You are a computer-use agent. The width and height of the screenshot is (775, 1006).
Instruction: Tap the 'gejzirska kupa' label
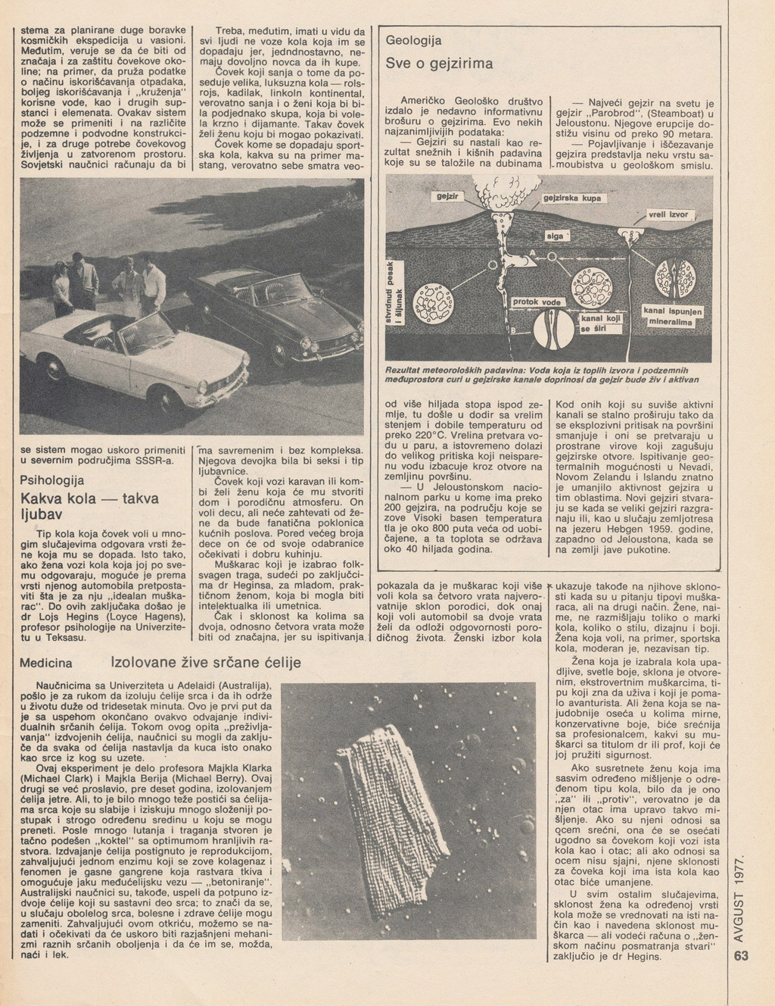[x=571, y=198]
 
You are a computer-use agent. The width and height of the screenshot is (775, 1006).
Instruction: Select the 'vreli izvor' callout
[x=668, y=214]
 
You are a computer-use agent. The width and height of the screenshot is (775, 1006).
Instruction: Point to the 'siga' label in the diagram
[x=556, y=236]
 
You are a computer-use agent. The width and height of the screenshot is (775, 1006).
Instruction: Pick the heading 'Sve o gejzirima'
[x=439, y=64]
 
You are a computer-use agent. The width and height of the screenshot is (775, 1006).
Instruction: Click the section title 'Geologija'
[x=414, y=39]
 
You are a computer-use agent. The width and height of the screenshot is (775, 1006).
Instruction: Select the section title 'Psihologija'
[x=51, y=480]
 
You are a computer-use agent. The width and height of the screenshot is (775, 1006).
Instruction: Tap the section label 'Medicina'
[x=45, y=663]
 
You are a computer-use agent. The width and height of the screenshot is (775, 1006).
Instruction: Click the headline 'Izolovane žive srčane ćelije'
[x=206, y=662]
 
